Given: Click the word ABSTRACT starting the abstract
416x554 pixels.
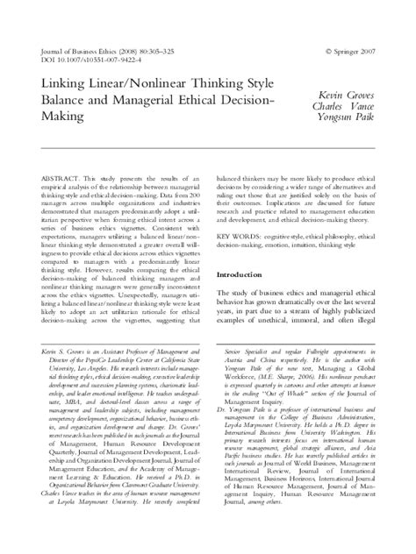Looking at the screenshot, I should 63,178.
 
